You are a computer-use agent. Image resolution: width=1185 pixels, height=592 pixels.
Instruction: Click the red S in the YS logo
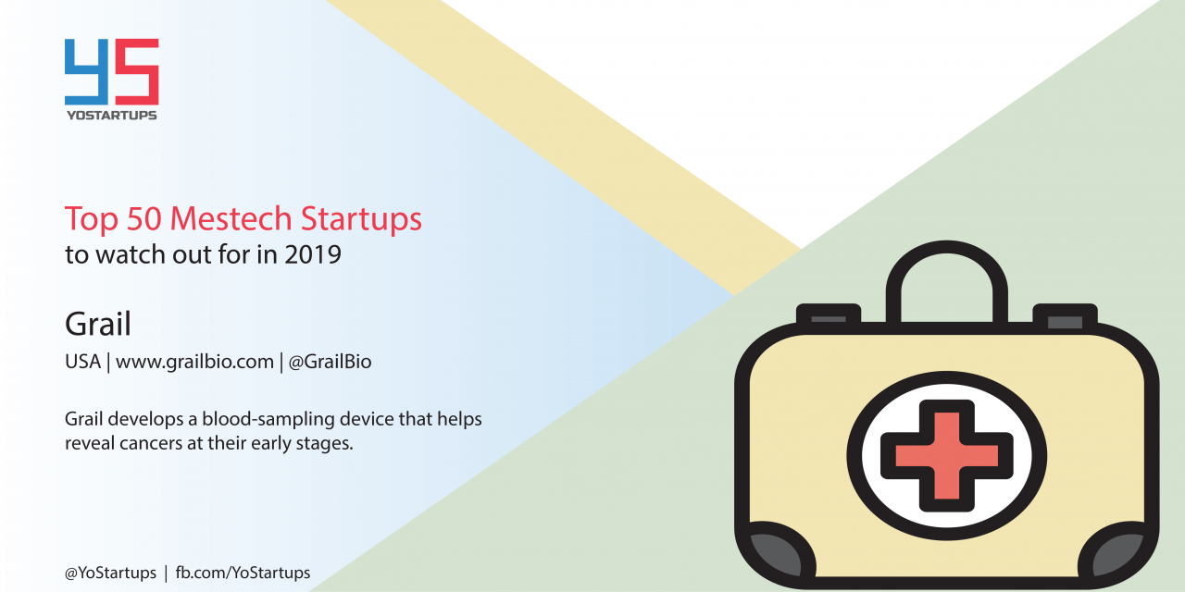pyautogui.click(x=137, y=72)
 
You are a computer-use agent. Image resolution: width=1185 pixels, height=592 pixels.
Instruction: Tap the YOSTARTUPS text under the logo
pyautogui.click(x=112, y=116)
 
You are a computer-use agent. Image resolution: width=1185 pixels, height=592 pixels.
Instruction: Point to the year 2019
pyautogui.click(x=313, y=254)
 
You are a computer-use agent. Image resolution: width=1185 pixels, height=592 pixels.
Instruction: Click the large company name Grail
pyautogui.click(x=98, y=324)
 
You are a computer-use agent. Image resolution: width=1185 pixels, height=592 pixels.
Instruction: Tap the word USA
pyautogui.click(x=82, y=362)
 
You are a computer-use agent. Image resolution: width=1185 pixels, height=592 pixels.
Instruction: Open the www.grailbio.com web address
pyautogui.click(x=194, y=362)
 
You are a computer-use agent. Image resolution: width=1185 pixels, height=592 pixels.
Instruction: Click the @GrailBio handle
pyautogui.click(x=330, y=362)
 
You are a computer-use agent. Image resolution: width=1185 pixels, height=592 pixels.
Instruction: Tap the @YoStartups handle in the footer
pyautogui.click(x=110, y=573)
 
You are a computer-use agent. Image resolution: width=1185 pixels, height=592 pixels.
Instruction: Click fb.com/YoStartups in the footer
pyautogui.click(x=243, y=573)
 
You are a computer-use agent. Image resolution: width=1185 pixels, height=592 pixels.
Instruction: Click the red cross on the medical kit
pyautogui.click(x=947, y=456)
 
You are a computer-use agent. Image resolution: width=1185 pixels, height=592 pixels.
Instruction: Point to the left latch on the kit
pyautogui.click(x=829, y=315)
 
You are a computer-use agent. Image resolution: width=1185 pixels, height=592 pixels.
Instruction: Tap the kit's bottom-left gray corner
pyautogui.click(x=776, y=554)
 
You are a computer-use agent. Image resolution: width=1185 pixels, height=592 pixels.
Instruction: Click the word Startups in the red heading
pyautogui.click(x=361, y=219)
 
